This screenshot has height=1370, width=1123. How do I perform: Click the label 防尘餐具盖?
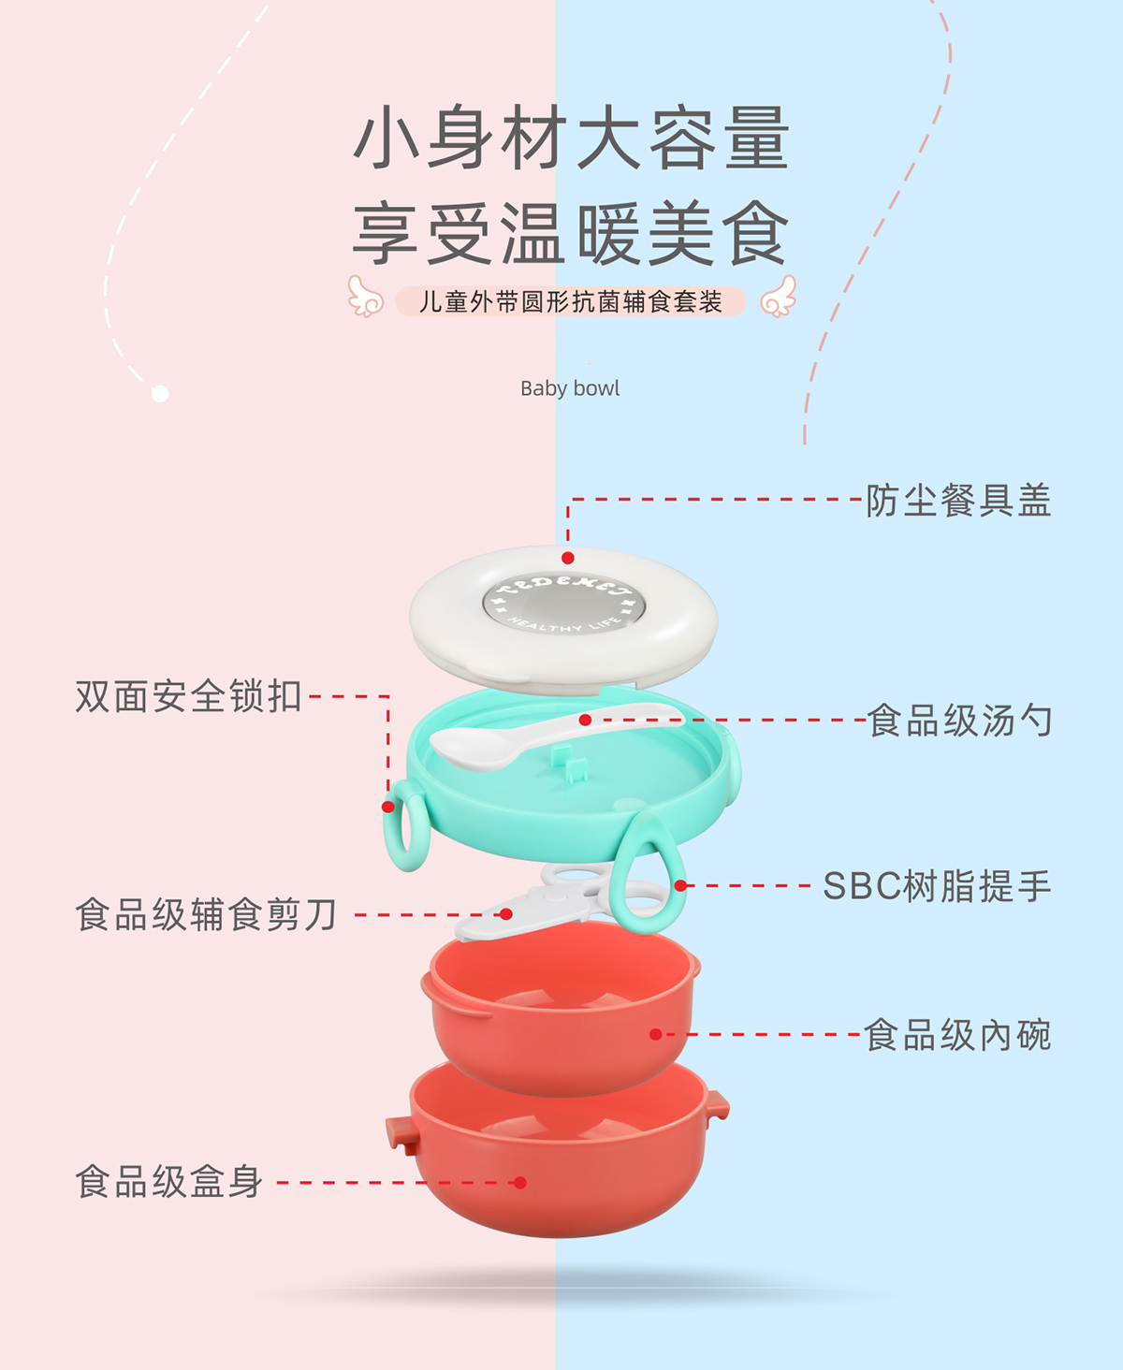[958, 501]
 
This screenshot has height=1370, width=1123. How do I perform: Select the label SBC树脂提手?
[937, 886]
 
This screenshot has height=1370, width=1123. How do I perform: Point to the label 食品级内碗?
[957, 1035]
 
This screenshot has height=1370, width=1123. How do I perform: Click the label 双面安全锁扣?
[188, 696]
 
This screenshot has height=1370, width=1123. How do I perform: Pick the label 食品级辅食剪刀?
[206, 914]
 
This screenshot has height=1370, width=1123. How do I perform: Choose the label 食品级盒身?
[169, 1182]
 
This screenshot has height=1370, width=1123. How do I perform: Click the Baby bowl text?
[570, 388]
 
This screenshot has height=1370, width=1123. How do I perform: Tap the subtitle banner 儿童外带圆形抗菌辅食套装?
[570, 301]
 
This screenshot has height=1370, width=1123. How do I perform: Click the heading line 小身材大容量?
[572, 138]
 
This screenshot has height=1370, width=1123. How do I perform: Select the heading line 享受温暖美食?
[572, 234]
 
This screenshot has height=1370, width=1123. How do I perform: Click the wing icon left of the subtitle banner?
[366, 297]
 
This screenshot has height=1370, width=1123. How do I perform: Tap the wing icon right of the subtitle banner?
[778, 297]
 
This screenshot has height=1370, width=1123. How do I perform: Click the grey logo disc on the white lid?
[564, 603]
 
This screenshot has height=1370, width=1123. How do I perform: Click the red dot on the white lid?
[568, 558]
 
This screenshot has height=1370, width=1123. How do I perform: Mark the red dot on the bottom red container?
[520, 1183]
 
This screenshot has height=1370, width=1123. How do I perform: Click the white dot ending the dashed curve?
[160, 394]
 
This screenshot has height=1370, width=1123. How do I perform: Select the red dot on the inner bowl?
[656, 1034]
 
